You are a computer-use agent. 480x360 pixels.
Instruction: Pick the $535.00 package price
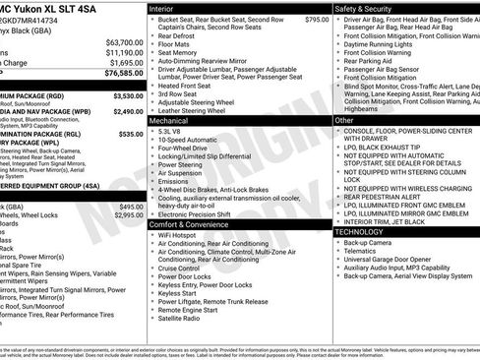[131, 134]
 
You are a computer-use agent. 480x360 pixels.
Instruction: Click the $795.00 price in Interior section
[317, 20]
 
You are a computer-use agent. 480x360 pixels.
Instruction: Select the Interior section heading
[162, 8]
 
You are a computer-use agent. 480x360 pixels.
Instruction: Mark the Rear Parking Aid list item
[370, 62]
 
